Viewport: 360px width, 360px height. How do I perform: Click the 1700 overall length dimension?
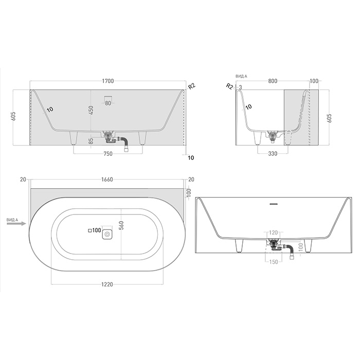(107, 81)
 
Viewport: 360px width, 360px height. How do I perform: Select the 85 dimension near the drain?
(91, 139)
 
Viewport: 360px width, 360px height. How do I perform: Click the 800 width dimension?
(273, 81)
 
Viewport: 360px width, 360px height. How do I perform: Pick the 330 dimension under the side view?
(273, 154)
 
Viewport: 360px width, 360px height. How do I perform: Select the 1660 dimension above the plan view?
(107, 179)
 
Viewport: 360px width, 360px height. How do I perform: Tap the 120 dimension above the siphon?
(273, 233)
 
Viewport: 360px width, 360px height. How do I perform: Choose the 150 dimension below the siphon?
(273, 262)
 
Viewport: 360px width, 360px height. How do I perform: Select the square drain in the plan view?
(107, 234)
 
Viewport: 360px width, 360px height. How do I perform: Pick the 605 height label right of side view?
(329, 118)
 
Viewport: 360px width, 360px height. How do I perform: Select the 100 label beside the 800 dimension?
(314, 81)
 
